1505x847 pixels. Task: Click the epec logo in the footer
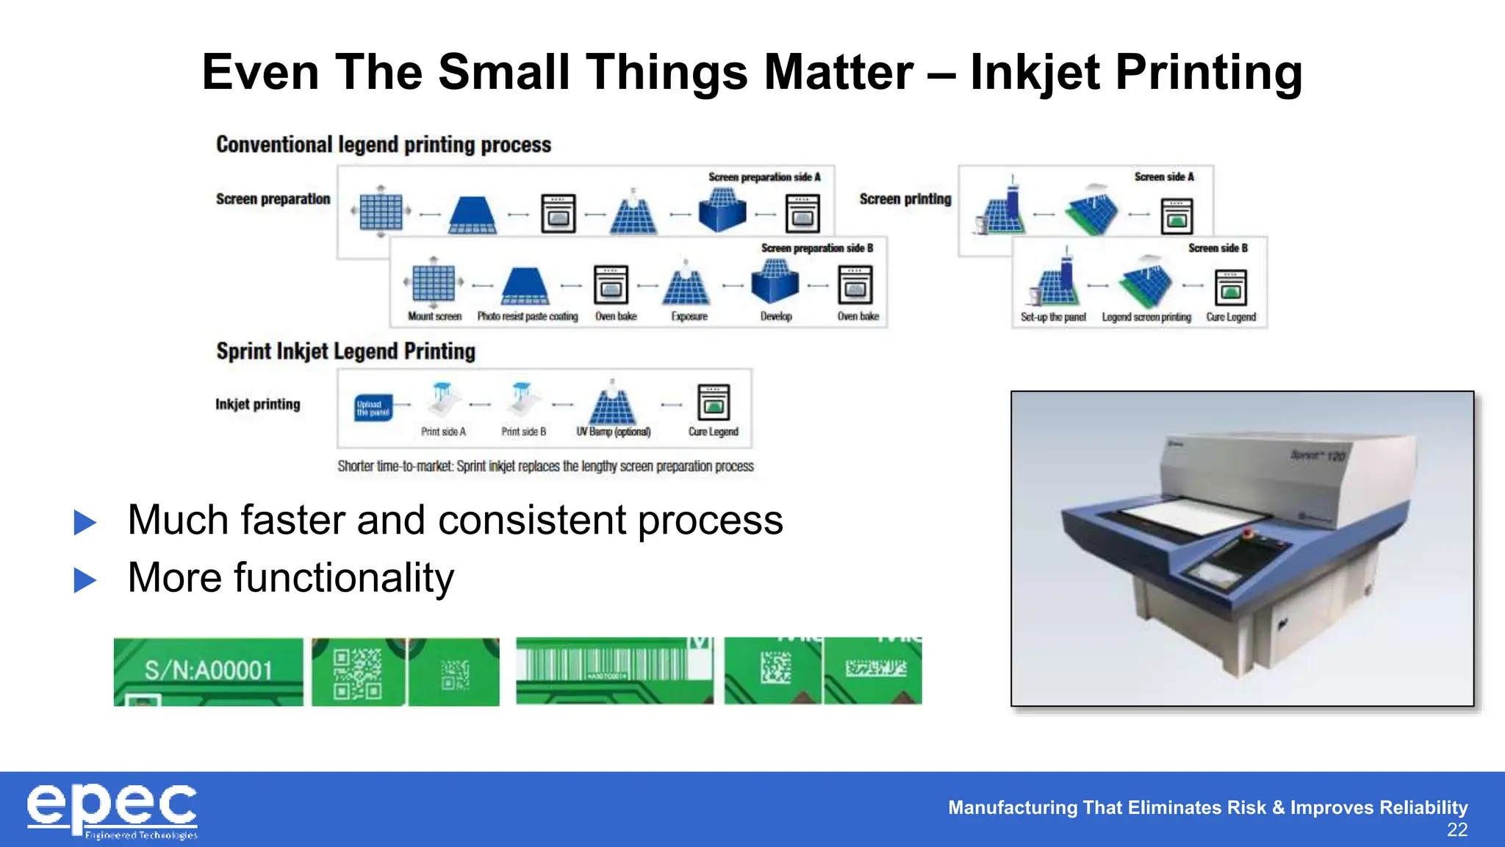112,810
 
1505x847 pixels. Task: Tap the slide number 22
1456,830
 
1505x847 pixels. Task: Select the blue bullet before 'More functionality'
85,580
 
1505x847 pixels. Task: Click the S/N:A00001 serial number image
208,671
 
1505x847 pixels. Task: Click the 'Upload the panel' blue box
373,408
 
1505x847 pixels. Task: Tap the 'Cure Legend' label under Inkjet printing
713,432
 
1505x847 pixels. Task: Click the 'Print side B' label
523,432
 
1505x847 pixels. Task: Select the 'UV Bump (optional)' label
613,432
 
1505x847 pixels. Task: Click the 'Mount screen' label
434,316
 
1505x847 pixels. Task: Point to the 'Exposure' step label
689,316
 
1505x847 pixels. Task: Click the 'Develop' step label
776,316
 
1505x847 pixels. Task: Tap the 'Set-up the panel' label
1052,317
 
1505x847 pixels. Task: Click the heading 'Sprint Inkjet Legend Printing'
345,351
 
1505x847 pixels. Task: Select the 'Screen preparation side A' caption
764,177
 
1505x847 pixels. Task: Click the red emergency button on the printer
1246,532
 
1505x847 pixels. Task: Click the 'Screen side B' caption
1218,249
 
